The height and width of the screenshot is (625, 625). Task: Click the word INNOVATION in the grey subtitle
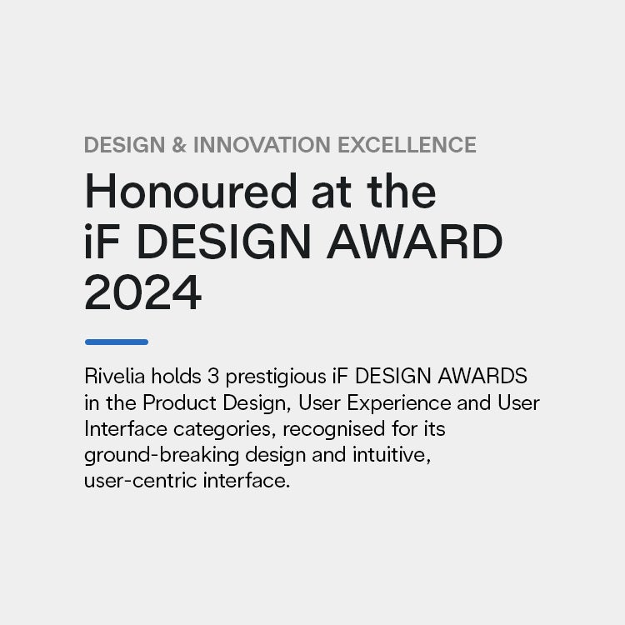coord(262,144)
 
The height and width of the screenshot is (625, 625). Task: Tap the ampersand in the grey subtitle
coord(179,144)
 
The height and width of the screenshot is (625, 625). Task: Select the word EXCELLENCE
coord(407,144)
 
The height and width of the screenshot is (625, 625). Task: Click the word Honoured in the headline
coord(191,192)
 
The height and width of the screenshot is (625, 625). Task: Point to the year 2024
coord(142,292)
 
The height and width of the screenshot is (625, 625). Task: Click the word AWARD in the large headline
coord(414,242)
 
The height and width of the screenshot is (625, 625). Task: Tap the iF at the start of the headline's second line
coord(102,242)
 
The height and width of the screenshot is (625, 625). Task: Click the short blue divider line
coord(117,342)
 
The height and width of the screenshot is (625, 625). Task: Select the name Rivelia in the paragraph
coord(114,376)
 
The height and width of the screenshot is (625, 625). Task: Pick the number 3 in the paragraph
coord(213,376)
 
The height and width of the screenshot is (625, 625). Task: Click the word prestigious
coord(276,377)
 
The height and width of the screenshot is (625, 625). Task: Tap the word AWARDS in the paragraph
coord(482,376)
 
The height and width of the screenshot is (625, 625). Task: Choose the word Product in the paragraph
coord(179,402)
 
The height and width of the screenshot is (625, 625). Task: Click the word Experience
coord(398,404)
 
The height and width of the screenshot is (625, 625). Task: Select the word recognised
coord(333,430)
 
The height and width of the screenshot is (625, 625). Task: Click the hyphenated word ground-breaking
coord(162,456)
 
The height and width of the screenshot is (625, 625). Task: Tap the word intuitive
coord(392,455)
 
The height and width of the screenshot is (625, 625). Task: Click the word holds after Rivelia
coord(176,376)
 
